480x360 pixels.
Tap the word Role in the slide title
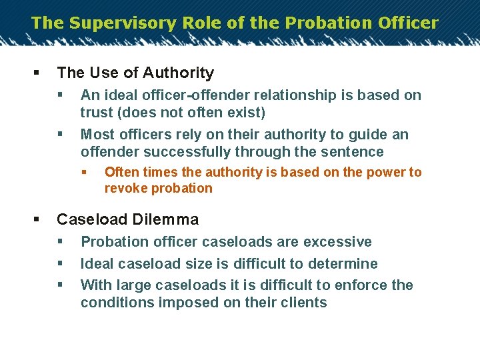point(195,23)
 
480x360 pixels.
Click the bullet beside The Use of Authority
point(35,73)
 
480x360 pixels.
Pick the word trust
point(97,113)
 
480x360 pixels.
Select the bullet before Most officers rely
point(60,135)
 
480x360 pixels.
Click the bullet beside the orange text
point(84,173)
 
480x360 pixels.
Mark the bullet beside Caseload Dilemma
point(35,219)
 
